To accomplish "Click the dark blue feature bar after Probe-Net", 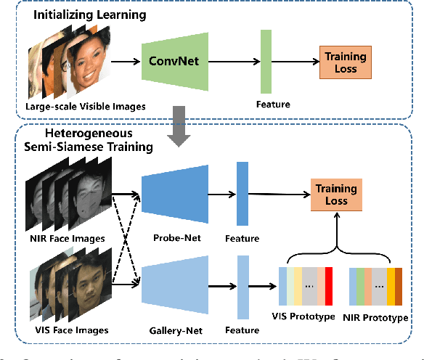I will (x=242, y=195).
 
